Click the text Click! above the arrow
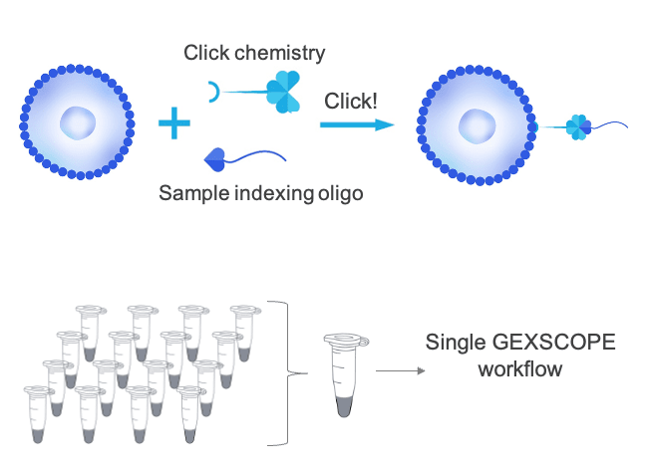[351, 102]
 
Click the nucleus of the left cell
[79, 123]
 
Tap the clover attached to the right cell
[577, 126]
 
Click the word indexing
[269, 193]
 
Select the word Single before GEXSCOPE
[455, 344]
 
